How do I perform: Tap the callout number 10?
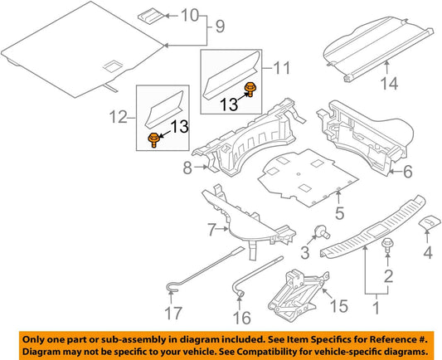point(190,16)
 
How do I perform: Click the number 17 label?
point(172,315)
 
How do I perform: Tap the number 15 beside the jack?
point(339,305)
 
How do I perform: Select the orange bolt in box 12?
point(153,139)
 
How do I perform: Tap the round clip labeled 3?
point(318,232)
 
